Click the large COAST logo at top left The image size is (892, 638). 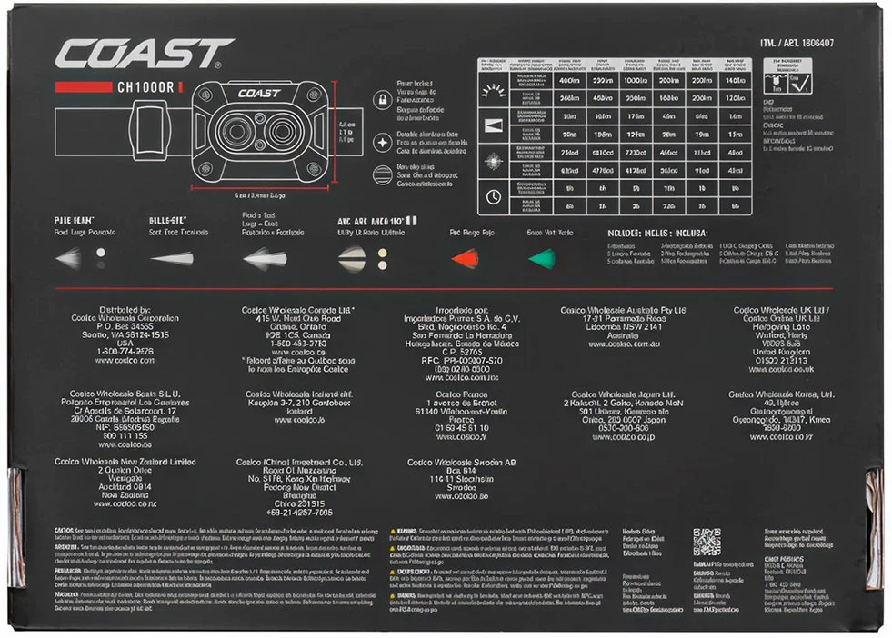pos(145,54)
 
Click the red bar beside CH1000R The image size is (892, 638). pos(83,87)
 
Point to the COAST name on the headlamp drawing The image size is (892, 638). pos(259,94)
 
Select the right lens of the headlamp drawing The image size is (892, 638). pos(281,132)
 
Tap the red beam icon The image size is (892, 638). pos(465,258)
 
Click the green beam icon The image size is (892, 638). pos(542,258)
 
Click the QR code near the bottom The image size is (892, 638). pos(706,542)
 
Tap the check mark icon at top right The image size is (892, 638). pos(804,85)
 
